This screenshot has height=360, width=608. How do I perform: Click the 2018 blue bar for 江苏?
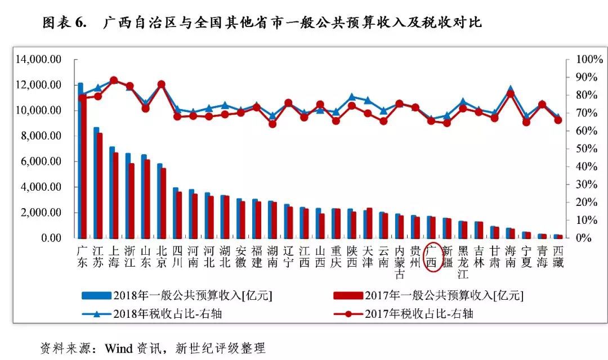pos(96,182)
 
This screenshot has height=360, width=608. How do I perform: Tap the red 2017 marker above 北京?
pos(162,84)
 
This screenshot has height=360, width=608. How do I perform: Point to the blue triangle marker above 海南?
pos(511,89)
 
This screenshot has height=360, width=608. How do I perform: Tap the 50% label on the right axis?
pos(587,148)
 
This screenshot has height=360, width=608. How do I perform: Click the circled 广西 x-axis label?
pos(432,257)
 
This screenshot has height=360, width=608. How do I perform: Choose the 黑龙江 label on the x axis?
pos(463,262)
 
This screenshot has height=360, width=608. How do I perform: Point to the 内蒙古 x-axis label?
pos(400,262)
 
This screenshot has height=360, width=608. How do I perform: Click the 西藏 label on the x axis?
pos(558,257)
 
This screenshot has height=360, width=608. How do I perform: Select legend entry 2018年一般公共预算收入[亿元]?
pos(177,296)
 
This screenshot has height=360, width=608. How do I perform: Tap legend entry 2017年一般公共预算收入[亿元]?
pos(428,296)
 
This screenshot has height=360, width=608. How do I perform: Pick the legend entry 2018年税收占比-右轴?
pos(152,313)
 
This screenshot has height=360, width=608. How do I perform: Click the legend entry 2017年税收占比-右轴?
pos(403,313)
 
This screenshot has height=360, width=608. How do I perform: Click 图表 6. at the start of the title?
pos(64,22)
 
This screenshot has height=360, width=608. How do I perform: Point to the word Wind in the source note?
pos(119,348)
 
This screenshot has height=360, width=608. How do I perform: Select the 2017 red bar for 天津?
pos(369,223)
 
